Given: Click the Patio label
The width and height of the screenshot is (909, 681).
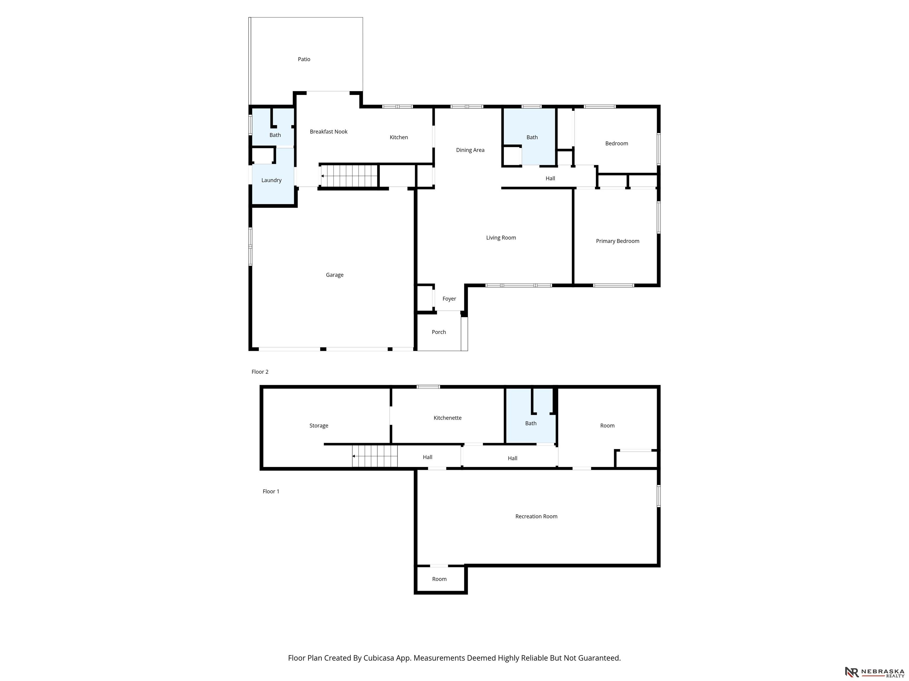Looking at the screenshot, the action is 304,59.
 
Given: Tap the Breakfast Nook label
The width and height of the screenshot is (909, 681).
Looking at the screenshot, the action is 329,131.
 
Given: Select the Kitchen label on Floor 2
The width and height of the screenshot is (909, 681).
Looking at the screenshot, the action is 399,137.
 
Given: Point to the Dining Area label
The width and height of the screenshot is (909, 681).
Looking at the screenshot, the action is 470,150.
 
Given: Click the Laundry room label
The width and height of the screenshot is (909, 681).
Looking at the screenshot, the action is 271,180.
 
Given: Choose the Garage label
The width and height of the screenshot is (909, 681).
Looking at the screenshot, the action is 334,275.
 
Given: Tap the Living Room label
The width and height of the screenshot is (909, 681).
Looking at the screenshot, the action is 501,238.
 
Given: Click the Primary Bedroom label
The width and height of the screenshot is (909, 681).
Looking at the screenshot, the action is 618,241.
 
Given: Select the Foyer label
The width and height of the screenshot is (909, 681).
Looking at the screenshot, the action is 449,299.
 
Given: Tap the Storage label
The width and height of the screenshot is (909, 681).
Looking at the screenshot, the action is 319,426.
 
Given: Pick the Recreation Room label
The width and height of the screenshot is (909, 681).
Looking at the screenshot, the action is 536,516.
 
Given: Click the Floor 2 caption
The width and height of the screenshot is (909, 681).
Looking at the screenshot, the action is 260,372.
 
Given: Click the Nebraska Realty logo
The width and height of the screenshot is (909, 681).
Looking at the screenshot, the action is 874,672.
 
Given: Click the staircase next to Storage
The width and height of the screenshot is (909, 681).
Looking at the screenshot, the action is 375,456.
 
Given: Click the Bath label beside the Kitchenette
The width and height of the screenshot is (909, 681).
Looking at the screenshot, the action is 531,423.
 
